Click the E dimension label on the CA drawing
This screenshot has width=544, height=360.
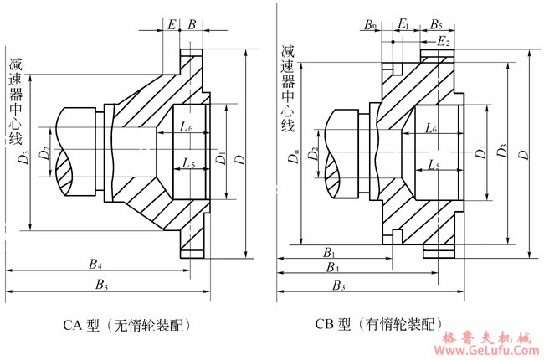[x=172, y=25]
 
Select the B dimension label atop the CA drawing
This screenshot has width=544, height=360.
[x=192, y=25]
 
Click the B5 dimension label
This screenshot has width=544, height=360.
[x=437, y=25]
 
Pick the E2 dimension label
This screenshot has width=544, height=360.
[x=444, y=41]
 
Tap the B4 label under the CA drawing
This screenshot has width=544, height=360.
[x=96, y=265]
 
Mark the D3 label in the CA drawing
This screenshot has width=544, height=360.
[x=23, y=156]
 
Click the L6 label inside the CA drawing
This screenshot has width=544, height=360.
[x=186, y=128]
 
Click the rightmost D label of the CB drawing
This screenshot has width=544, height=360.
[x=524, y=155]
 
